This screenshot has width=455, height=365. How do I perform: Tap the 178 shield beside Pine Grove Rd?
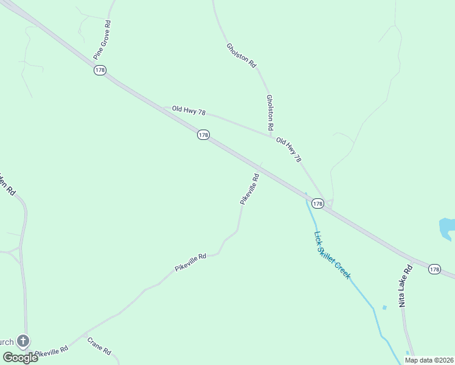click(100, 71)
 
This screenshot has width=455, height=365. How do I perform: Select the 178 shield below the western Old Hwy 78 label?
click(203, 134)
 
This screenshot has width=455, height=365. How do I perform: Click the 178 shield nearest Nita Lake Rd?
click(434, 269)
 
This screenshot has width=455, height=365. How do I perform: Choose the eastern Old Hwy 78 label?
click(288, 150)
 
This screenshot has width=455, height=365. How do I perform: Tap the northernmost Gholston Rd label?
click(241, 55)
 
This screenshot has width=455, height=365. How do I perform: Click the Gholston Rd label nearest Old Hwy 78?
click(269, 112)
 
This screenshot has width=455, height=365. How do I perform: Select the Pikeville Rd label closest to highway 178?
click(250, 189)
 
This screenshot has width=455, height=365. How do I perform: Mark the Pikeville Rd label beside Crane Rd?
click(52, 351)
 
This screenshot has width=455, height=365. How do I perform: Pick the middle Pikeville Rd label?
click(190, 262)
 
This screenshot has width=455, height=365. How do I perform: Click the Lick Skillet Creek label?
click(332, 255)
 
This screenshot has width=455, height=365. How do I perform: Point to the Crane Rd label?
click(99, 346)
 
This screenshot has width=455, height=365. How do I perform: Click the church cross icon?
click(23, 341)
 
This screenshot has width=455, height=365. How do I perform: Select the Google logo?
click(19, 358)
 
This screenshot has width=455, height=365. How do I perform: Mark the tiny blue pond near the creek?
click(384, 307)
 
